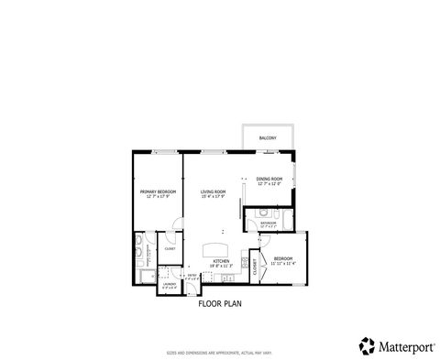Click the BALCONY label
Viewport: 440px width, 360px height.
pyautogui.click(x=268, y=137)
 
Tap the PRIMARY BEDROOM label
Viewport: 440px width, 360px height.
pyautogui.click(x=158, y=191)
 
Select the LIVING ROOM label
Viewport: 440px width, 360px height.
pyautogui.click(x=214, y=191)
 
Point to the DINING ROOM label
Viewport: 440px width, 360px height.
pyautogui.click(x=269, y=179)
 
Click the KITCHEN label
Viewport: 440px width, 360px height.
pyautogui.click(x=221, y=262)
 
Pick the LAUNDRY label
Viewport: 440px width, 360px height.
pyautogui.click(x=170, y=284)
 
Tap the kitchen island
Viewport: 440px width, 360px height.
pyautogui.click(x=216, y=248)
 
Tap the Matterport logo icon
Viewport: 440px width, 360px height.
pyautogui.click(x=366, y=344)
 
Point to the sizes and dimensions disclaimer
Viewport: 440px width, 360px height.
pyautogui.click(x=219, y=352)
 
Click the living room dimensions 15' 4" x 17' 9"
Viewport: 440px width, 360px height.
pyautogui.click(x=214, y=197)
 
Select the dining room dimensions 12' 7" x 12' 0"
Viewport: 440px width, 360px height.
pyautogui.click(x=269, y=184)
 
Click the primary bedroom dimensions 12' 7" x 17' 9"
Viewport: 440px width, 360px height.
pyautogui.click(x=158, y=197)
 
